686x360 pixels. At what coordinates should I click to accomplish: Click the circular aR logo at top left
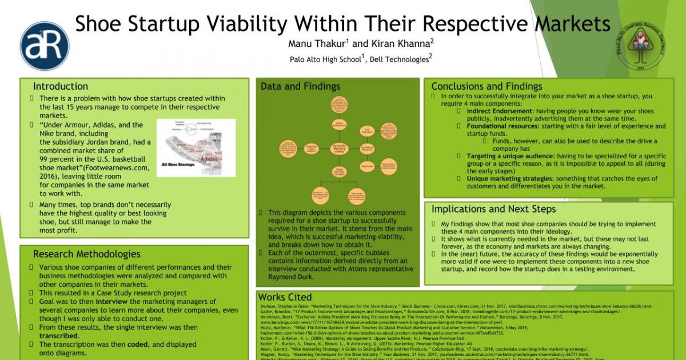(45, 46)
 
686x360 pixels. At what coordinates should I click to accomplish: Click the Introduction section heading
(60, 86)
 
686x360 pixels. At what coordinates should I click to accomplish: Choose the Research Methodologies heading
(86, 254)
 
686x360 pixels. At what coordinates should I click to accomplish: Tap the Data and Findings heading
(300, 86)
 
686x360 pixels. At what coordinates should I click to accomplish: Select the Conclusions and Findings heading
(486, 86)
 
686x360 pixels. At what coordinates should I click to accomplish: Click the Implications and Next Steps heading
(493, 209)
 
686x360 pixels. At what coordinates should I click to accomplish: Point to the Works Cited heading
(285, 297)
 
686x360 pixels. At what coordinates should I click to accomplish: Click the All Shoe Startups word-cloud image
(196, 147)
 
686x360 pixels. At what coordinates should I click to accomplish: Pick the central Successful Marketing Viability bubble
(340, 149)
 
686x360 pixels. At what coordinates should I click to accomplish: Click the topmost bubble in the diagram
(340, 105)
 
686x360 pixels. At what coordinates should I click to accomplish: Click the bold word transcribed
(58, 336)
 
